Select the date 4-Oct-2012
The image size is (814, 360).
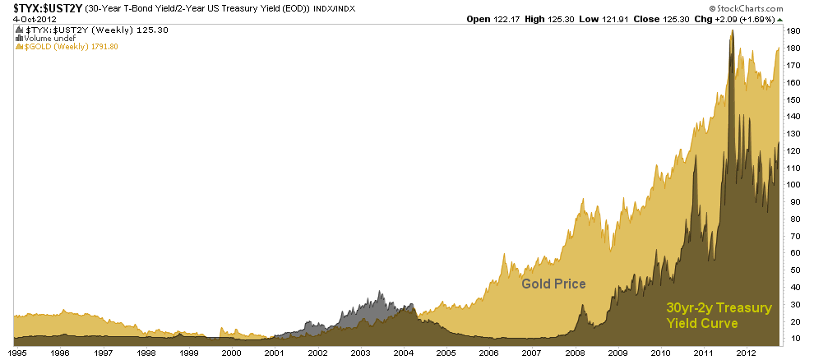tap(25, 18)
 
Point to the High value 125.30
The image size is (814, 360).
tap(562, 18)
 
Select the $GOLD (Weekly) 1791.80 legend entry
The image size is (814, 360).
tap(70, 47)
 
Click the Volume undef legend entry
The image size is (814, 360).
tap(48, 38)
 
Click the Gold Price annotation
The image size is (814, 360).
tap(553, 284)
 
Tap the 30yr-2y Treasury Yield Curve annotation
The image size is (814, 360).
tap(719, 316)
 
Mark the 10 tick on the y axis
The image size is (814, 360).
tap(792, 338)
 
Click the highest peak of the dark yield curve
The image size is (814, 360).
tap(731, 31)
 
